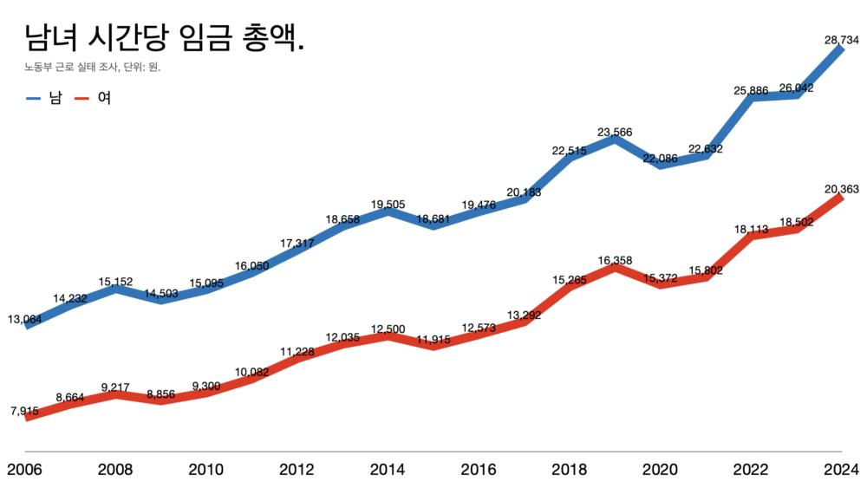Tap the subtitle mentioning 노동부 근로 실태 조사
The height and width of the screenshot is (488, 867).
[x=93, y=68]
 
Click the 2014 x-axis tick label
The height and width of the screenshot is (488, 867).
[x=388, y=470]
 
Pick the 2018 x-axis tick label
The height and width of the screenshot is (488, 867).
[x=569, y=470]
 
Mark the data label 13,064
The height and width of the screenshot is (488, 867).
[x=25, y=318]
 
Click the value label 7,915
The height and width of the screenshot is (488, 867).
[x=25, y=410]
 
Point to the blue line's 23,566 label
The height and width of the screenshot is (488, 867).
[x=615, y=133]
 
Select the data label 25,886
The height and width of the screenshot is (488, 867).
[x=751, y=91]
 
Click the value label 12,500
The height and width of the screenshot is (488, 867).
[x=388, y=329]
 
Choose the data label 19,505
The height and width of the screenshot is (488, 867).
[x=388, y=205]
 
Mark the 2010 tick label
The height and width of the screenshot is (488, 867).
[x=206, y=470]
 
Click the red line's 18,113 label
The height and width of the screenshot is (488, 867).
[x=751, y=230]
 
